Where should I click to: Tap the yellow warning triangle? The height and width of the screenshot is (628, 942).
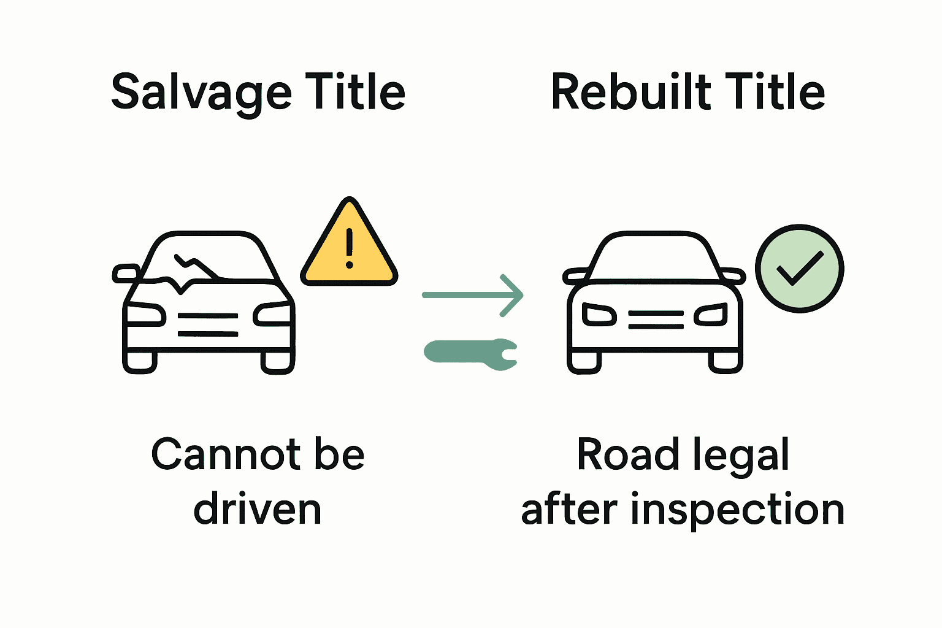(x=349, y=248)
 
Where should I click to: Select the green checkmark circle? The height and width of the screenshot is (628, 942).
(x=799, y=268)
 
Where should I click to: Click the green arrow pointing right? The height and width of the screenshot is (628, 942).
(x=472, y=295)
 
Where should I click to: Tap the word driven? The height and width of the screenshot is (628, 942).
(x=258, y=510)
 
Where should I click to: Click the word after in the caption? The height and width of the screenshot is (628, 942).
(x=569, y=510)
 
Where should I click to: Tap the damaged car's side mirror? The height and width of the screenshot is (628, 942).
(x=126, y=274)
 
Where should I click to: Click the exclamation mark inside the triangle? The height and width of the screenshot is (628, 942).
(x=350, y=248)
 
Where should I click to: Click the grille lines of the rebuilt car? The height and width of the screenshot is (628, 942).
(x=656, y=320)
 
